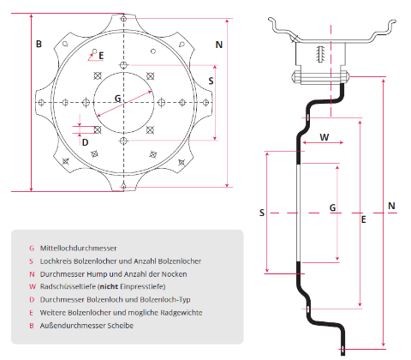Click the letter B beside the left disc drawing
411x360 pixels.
tap(38, 44)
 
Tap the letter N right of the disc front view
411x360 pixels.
tap(219, 44)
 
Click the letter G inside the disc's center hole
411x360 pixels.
tap(117, 98)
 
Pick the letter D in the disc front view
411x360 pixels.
tap(85, 142)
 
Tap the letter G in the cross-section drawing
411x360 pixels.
tap(332, 207)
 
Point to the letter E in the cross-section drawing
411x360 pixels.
tap(364, 220)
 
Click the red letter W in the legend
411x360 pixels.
tap(32, 285)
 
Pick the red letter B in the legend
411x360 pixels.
tap(32, 325)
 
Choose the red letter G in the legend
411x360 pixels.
tap(32, 248)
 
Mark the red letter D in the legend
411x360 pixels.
tap(32, 299)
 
